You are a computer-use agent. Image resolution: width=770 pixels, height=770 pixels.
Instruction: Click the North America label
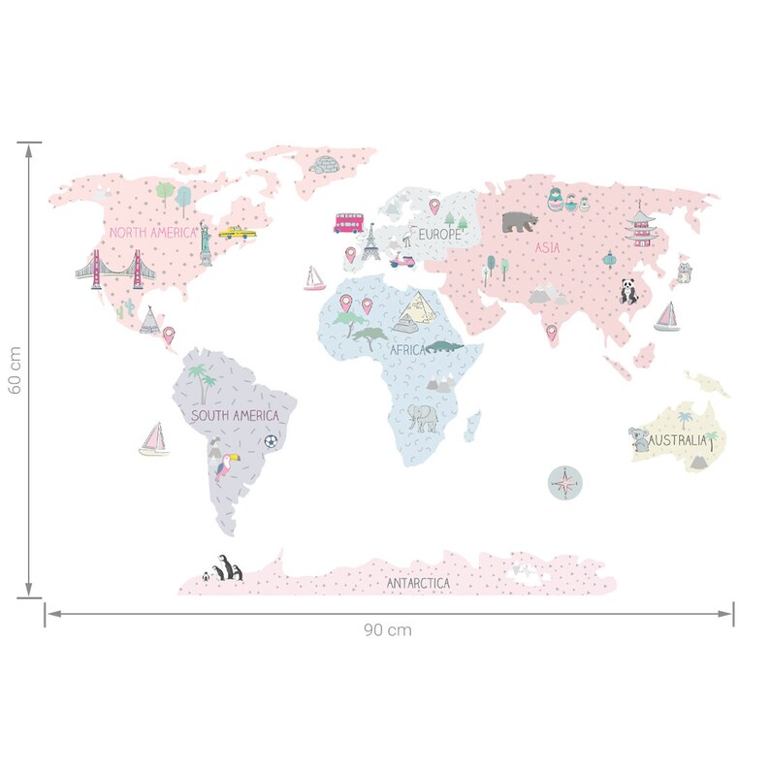tap(152, 233)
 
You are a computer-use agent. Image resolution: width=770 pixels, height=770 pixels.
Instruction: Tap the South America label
tap(235, 416)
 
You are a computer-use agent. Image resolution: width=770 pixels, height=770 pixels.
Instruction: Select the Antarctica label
tap(418, 583)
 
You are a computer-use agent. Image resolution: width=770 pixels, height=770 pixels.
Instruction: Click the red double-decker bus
tap(348, 223)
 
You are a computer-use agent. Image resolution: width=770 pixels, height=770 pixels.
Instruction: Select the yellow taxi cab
tap(232, 233)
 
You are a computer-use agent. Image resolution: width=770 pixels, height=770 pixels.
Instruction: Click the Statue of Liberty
tap(206, 243)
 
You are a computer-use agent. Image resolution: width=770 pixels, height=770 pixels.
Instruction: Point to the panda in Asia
tap(630, 292)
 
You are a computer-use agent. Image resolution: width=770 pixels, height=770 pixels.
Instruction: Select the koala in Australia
tap(639, 440)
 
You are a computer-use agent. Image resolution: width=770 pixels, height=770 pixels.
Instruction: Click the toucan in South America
tap(226, 467)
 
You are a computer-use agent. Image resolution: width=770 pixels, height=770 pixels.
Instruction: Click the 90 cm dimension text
tap(388, 629)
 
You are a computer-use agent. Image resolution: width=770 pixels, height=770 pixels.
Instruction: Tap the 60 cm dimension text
tap(14, 371)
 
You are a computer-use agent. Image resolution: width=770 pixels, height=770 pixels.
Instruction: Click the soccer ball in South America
tap(271, 441)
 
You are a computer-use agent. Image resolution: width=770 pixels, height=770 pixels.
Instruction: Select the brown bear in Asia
tap(522, 222)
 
